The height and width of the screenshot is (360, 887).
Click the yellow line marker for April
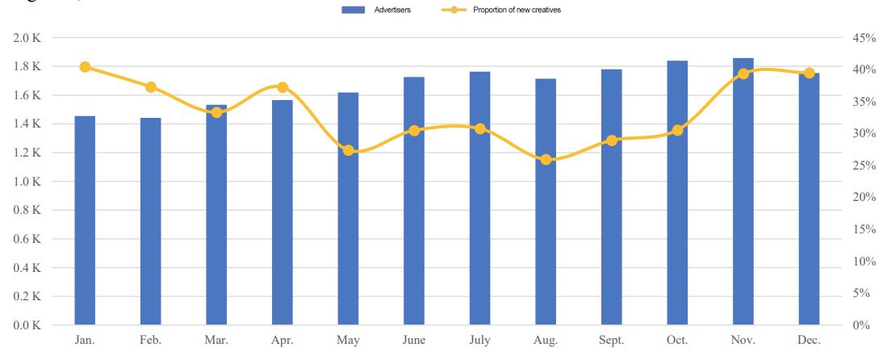pyautogui.click(x=282, y=87)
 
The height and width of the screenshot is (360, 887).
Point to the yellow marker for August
pyautogui.click(x=546, y=160)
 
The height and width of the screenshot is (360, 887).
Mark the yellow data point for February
pyautogui.click(x=151, y=87)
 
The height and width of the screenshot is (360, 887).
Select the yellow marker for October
pyautogui.click(x=677, y=130)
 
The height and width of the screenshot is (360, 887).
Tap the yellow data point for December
pyautogui.click(x=809, y=73)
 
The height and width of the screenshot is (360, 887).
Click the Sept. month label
pyautogui.click(x=611, y=341)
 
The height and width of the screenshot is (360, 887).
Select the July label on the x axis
pyautogui.click(x=479, y=341)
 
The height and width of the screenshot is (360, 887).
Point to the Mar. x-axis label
pyautogui.click(x=216, y=341)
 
